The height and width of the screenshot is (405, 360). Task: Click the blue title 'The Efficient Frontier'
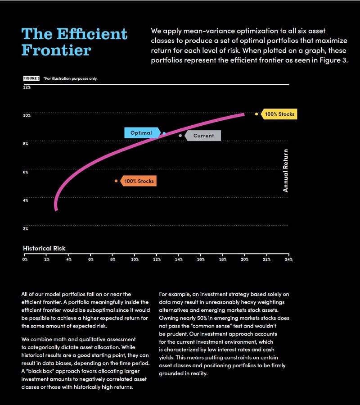[x=74, y=42]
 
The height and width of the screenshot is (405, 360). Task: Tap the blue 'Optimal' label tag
[x=141, y=133]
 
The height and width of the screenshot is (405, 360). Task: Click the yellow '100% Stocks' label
[x=279, y=114]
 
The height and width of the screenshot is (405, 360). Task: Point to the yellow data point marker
[x=256, y=114]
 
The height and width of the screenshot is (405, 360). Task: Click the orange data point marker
[x=116, y=181]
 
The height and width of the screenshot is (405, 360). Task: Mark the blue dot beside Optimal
[x=164, y=133]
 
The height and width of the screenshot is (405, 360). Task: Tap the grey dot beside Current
[x=180, y=136]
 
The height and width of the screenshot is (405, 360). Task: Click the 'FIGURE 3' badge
[x=31, y=78]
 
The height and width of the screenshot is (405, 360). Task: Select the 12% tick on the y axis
[x=27, y=87]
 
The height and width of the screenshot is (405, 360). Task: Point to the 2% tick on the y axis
[x=26, y=228]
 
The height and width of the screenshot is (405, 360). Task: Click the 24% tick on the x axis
[x=288, y=259]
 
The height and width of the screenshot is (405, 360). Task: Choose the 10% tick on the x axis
[x=135, y=259]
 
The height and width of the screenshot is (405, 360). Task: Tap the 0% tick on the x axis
[x=25, y=259]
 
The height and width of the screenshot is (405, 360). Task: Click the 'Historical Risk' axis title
[x=44, y=248]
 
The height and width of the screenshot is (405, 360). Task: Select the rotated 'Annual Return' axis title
[x=285, y=171]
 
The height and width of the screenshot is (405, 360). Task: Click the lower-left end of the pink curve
[x=56, y=209]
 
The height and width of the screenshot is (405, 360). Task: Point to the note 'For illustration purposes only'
[x=71, y=78]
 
